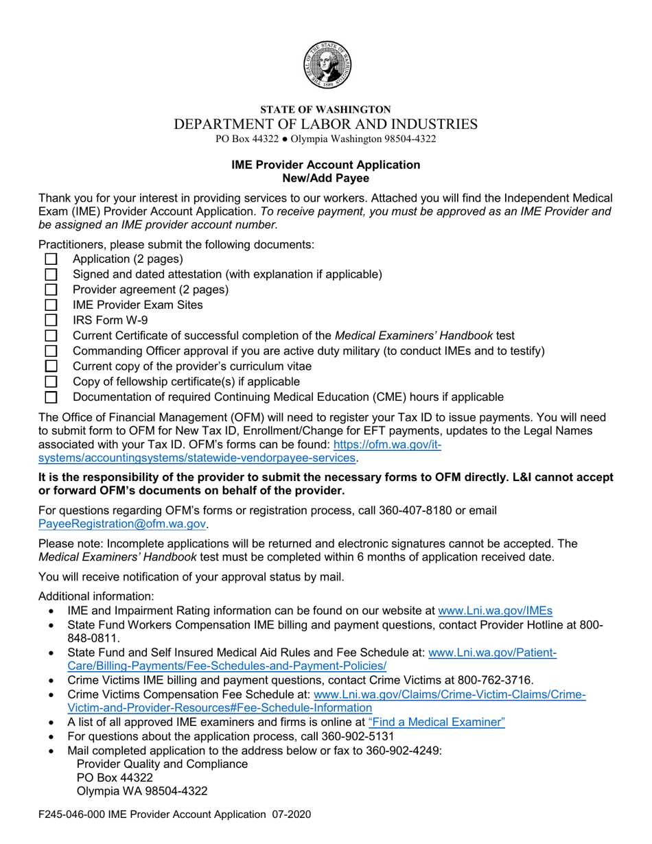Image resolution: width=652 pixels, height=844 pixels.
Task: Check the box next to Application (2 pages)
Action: pos(51,259)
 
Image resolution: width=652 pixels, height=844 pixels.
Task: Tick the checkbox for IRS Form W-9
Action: pos(51,320)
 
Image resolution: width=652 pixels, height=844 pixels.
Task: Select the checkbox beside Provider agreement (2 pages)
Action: pos(51,290)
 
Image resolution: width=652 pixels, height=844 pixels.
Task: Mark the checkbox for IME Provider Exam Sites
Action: pos(51,305)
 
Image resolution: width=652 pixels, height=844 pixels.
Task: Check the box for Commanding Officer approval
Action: pos(51,351)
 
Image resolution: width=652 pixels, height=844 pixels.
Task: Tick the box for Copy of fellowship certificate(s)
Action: pos(51,381)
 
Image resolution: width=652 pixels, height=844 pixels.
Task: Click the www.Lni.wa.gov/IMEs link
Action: pos(495,610)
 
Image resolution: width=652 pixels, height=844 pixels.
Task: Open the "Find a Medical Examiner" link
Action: pos(436,721)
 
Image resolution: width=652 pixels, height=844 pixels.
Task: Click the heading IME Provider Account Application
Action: pos(325,165)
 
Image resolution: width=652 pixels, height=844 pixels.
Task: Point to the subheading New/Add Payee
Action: pos(325,178)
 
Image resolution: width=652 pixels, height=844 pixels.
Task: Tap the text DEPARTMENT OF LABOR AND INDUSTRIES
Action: pos(325,124)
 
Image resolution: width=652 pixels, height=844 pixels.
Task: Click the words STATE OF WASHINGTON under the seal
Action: pos(325,109)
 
